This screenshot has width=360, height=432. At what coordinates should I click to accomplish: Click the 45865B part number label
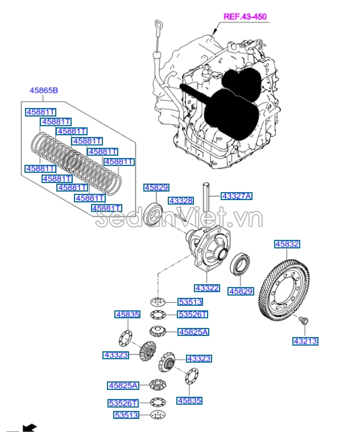pyautogui.click(x=44, y=90)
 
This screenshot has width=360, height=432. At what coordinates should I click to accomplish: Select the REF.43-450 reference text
pyautogui.click(x=245, y=17)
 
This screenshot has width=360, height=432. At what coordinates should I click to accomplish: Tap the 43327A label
pyautogui.click(x=236, y=196)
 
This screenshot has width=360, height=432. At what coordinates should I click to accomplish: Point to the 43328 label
pyautogui.click(x=181, y=201)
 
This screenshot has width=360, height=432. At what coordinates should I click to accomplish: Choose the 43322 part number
pyautogui.click(x=206, y=288)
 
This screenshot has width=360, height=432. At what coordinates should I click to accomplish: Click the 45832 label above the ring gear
pyautogui.click(x=287, y=244)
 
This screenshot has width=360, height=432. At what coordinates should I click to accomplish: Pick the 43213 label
pyautogui.click(x=305, y=342)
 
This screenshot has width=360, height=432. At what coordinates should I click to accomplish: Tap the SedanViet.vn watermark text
pyautogui.click(x=179, y=219)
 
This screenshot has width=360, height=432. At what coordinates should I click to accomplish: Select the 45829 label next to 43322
pyautogui.click(x=241, y=291)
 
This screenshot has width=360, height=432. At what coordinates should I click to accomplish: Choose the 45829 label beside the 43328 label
pyautogui.click(x=156, y=187)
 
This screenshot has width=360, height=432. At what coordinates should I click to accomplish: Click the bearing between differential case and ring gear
pyautogui.click(x=240, y=265)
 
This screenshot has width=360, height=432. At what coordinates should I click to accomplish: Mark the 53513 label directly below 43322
pyautogui.click(x=190, y=302)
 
